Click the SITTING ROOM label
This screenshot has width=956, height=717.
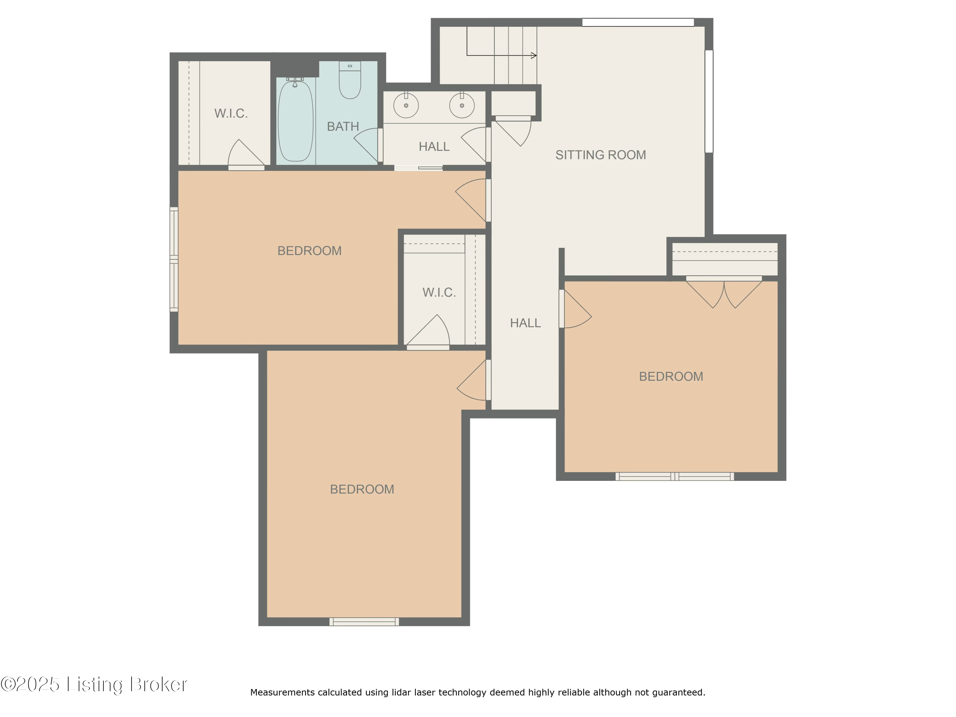pos(600,155)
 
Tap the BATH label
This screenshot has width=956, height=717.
pos(343,126)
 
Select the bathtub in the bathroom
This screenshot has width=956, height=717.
pos(295,121)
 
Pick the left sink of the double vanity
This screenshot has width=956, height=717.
pos(406,105)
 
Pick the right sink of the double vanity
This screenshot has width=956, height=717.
pos(461,105)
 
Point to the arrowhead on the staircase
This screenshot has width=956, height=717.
pos(534,55)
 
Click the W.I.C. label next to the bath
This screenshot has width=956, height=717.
pos(231,113)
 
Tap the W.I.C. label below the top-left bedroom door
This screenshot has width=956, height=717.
pos(439,293)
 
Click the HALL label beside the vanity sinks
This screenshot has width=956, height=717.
pos(434,147)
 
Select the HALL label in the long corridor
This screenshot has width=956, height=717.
pos(525,323)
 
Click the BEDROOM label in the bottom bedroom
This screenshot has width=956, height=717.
pos(362,489)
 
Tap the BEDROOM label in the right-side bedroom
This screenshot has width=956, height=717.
pos(671,376)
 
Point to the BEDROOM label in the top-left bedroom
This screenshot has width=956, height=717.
pos(309,251)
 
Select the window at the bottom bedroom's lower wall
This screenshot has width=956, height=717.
pos(364,621)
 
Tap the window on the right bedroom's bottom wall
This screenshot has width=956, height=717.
pos(674,476)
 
